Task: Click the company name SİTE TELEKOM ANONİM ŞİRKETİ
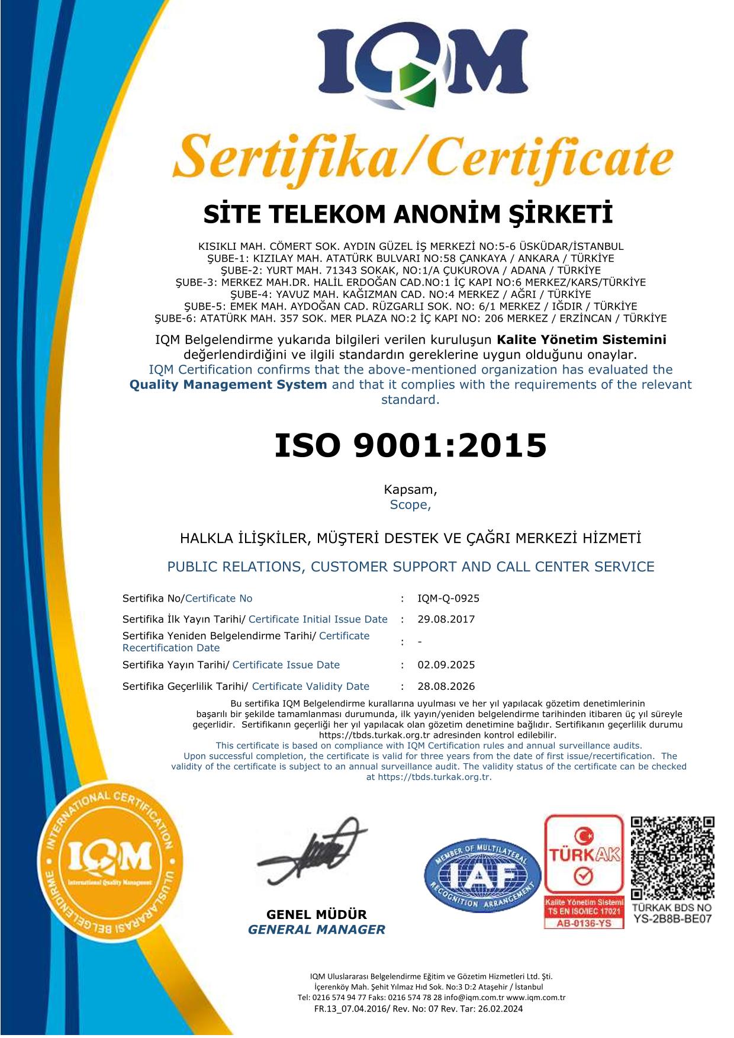(x=408, y=215)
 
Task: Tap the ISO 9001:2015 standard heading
(x=410, y=445)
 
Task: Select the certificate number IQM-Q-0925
(x=448, y=598)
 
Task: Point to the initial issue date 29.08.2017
(x=446, y=619)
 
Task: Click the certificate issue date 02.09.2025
(x=446, y=665)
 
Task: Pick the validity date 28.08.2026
(x=446, y=686)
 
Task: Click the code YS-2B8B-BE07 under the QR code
(x=672, y=919)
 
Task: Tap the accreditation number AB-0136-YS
(x=584, y=923)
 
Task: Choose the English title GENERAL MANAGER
(x=316, y=930)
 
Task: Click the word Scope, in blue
(x=410, y=505)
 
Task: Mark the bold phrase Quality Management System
(x=228, y=384)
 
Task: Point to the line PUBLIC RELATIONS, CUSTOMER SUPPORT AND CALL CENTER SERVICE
(x=410, y=567)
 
